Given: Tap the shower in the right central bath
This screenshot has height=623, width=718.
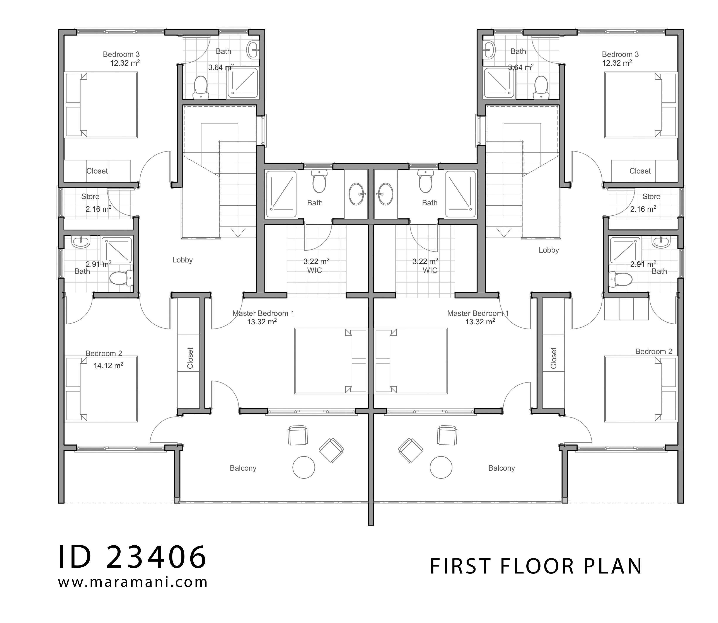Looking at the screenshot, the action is click(460, 194).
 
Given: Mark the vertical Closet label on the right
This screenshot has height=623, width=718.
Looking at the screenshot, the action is click(554, 358).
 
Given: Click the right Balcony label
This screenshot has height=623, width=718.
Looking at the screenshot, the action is click(501, 468).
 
